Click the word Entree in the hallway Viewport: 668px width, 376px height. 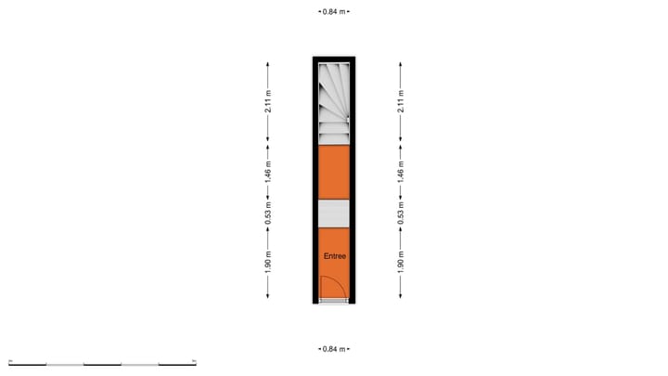coord(334,256)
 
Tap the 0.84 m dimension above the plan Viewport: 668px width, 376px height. coord(334,12)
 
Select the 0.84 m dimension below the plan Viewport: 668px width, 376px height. coord(334,349)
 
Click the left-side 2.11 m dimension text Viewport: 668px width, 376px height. coord(268,101)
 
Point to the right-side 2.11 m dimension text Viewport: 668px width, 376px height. coord(401,101)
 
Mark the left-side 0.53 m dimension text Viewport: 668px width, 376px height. coord(268,214)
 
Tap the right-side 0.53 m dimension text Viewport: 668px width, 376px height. coord(401,214)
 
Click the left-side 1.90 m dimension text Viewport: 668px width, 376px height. coord(268,262)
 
